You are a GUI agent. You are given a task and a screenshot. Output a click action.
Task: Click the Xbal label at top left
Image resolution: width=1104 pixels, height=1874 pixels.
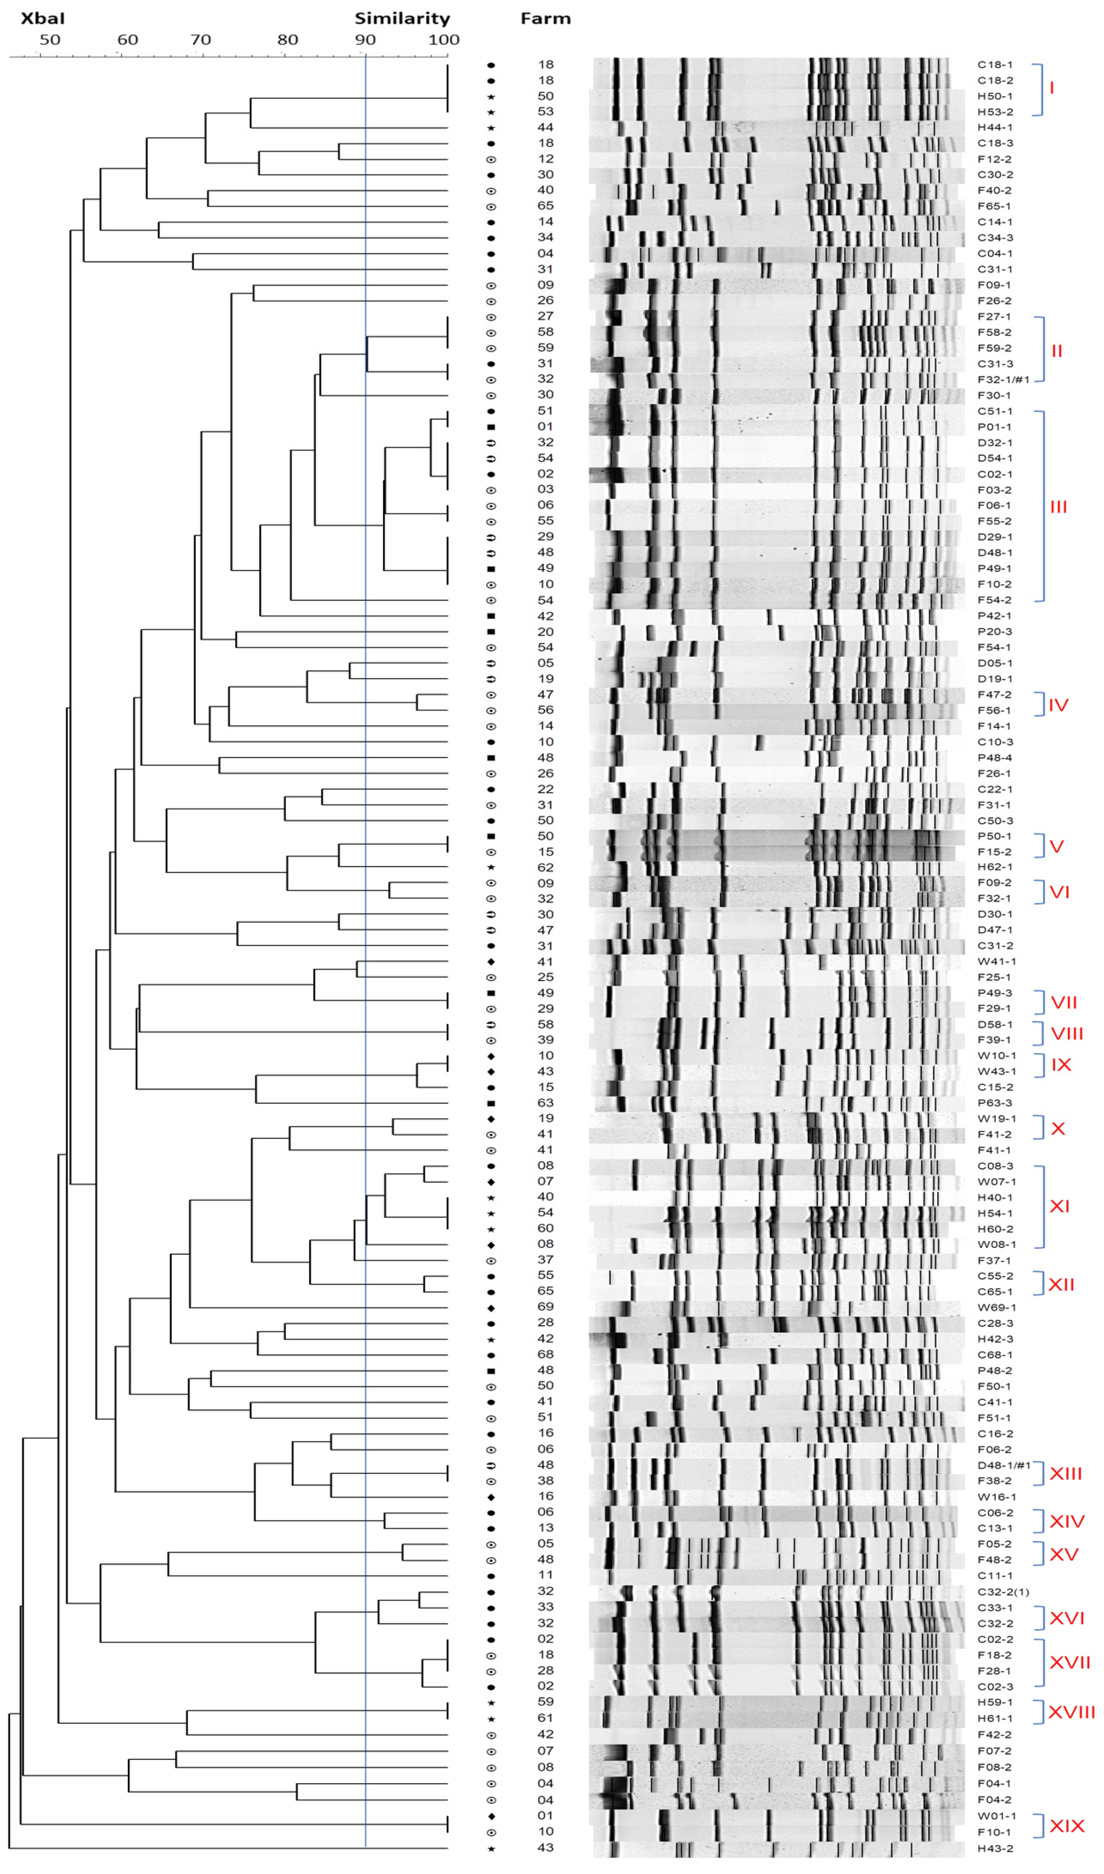tap(42, 18)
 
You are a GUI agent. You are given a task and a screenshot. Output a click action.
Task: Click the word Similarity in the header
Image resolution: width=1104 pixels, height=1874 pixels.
tap(402, 18)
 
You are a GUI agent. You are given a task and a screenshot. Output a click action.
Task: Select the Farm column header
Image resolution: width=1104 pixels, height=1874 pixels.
tap(545, 18)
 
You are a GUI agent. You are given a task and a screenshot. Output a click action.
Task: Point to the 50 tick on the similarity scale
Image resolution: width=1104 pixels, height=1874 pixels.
tap(49, 39)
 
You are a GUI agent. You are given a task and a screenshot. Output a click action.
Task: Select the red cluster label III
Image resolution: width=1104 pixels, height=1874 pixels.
tap(1058, 506)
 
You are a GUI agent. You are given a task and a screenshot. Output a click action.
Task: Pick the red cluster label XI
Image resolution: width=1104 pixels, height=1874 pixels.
tap(1059, 1206)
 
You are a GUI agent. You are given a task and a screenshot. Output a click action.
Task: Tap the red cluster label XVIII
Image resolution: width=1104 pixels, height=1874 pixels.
tap(1071, 1712)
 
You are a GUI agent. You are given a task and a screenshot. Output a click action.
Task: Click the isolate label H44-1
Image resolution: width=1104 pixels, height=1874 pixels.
tap(994, 127)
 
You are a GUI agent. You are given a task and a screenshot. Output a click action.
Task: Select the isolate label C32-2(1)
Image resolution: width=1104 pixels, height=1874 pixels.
tap(1003, 1592)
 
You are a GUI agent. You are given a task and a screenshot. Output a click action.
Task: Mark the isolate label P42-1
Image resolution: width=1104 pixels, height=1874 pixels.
tap(994, 616)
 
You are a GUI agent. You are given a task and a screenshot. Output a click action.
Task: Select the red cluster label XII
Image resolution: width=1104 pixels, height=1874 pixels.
tap(1061, 1284)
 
